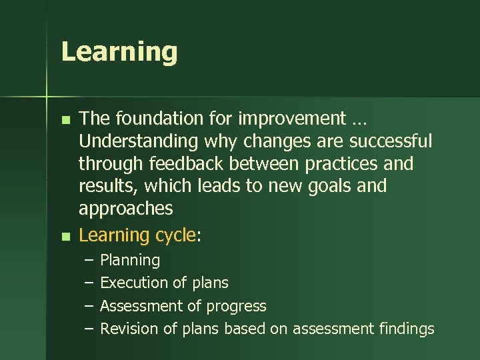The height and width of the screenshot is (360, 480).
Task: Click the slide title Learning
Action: coord(119,52)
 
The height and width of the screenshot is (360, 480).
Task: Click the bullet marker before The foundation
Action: coord(65,121)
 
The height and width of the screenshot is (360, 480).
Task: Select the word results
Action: coord(104,186)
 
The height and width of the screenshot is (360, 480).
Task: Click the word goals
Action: coord(324,186)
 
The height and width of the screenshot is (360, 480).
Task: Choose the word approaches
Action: coord(125,209)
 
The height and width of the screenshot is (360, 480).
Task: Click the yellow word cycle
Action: coord(174,235)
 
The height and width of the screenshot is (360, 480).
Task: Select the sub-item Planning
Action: coord(130,261)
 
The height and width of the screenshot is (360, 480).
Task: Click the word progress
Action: coord(236,306)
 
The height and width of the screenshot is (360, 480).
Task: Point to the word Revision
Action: coord(129,329)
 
